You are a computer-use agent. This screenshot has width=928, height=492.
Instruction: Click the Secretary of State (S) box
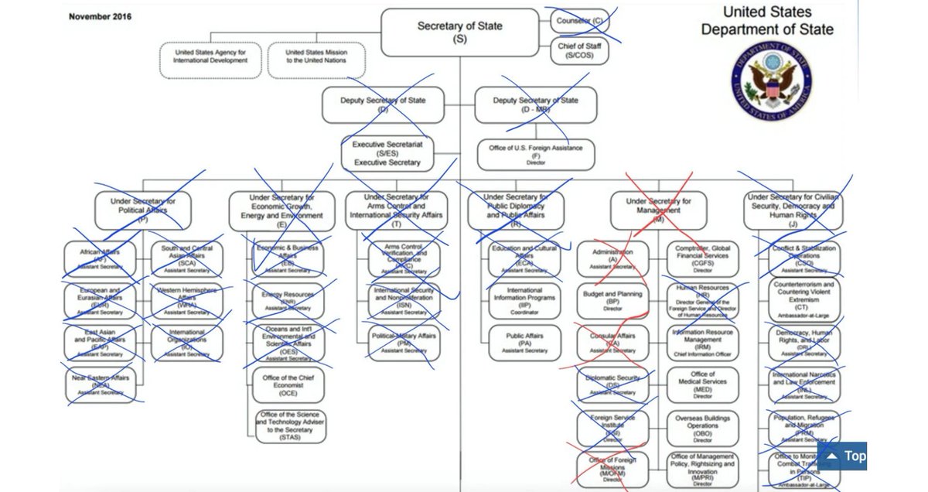coord(459,32)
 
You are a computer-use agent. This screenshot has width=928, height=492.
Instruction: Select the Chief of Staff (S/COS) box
coord(578,51)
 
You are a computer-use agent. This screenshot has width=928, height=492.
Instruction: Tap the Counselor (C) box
coord(578,20)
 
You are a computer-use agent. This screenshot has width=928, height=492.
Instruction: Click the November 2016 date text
coord(101,16)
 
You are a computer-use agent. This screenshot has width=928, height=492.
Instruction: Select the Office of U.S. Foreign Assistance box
coord(536,153)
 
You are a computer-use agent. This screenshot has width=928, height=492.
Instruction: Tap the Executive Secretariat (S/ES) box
coord(387,153)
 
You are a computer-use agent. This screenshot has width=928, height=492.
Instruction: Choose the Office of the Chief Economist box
coord(288,384)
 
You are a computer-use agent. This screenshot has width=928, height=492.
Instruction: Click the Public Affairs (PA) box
coord(525,343)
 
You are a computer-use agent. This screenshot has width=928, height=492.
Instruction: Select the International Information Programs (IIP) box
coord(525,301)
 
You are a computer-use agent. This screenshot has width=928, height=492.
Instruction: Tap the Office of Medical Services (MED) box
coord(702,384)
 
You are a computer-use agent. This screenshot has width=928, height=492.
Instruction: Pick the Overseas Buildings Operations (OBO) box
coord(702,426)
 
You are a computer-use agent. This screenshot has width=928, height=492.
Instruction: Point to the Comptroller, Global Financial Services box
coord(702,259)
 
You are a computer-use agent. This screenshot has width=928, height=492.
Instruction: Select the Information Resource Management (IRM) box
coord(702,343)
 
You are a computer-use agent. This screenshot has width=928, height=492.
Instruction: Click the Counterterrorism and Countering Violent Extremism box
coord(804,301)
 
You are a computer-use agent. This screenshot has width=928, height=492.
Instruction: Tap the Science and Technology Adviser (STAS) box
coord(290,427)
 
